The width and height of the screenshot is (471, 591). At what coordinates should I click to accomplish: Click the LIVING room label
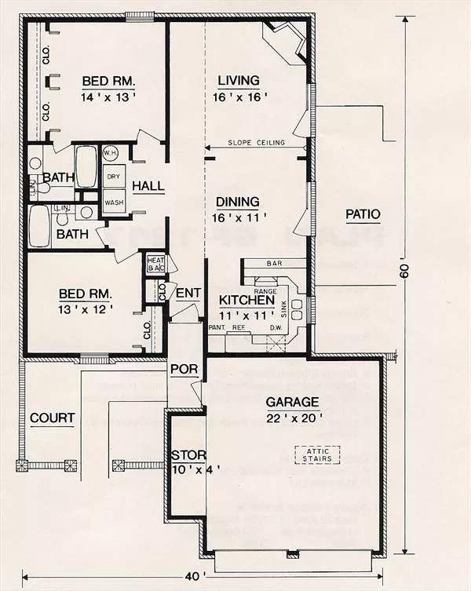[x=236, y=79]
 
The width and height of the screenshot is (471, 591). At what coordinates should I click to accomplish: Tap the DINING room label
[x=236, y=201]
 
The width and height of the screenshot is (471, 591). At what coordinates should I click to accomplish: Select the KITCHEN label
[x=246, y=301]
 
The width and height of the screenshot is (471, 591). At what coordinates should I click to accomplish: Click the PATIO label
[x=362, y=213]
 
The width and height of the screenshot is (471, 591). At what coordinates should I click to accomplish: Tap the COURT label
[x=52, y=418]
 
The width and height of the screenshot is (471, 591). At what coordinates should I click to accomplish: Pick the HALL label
[x=148, y=186]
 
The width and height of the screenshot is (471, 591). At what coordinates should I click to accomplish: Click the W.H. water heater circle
[x=110, y=153]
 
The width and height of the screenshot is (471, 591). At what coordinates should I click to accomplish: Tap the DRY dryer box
[x=114, y=177]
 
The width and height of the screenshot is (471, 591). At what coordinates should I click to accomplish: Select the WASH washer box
[x=114, y=201]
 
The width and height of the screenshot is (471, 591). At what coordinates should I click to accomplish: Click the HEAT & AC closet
[x=154, y=264]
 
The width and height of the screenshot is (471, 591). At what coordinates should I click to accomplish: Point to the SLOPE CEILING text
[x=252, y=143]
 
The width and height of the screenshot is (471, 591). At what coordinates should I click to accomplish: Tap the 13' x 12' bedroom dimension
[x=86, y=309]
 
